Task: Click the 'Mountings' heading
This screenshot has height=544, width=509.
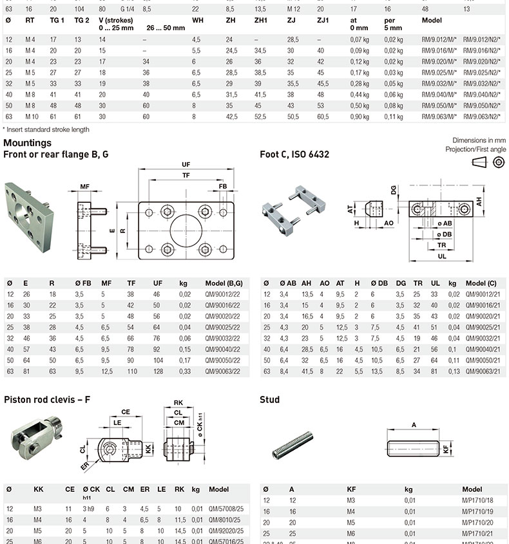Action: tap(27, 143)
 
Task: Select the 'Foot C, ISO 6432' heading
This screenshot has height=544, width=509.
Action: tap(294, 155)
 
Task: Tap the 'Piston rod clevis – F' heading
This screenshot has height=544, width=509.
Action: tap(47, 400)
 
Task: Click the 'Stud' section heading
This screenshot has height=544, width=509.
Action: tap(269, 400)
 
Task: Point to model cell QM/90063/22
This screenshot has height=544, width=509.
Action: tap(224, 371)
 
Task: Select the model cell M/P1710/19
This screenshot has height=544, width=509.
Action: tap(477, 511)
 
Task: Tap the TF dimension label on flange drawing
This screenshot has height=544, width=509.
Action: tap(186, 175)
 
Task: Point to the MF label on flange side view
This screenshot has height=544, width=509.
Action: tap(84, 187)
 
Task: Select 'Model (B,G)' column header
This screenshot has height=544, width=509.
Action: tap(224, 283)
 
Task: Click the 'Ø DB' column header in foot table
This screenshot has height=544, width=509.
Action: tap(378, 283)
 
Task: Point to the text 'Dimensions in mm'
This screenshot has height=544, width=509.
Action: tap(479, 140)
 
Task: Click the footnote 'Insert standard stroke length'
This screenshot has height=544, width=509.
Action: tap(46, 129)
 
